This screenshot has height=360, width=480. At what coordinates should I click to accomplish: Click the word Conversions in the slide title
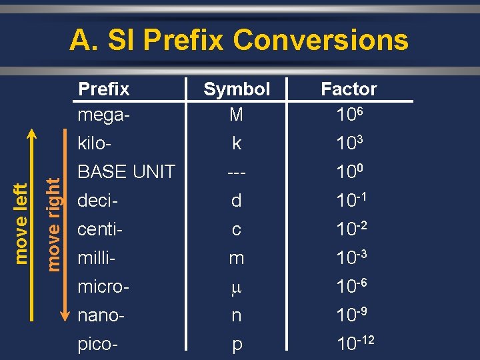pos(321,40)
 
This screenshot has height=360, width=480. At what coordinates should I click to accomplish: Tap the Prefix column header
pos(104,89)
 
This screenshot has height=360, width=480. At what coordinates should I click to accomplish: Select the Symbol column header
pos(237,89)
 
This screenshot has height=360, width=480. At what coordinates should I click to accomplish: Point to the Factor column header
pos(349,89)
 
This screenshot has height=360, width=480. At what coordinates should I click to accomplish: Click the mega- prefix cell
pos(104,115)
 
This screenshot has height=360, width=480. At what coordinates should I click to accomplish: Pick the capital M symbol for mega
pos(236,115)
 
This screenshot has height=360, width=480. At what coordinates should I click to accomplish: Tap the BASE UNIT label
pos(127,171)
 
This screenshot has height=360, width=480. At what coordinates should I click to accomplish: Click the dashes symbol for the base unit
pos(236,172)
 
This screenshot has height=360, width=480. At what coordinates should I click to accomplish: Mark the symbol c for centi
pos(236,229)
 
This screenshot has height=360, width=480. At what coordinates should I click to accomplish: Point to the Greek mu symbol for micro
pos(236,287)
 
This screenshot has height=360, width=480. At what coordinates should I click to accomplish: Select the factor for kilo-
pos(349,143)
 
